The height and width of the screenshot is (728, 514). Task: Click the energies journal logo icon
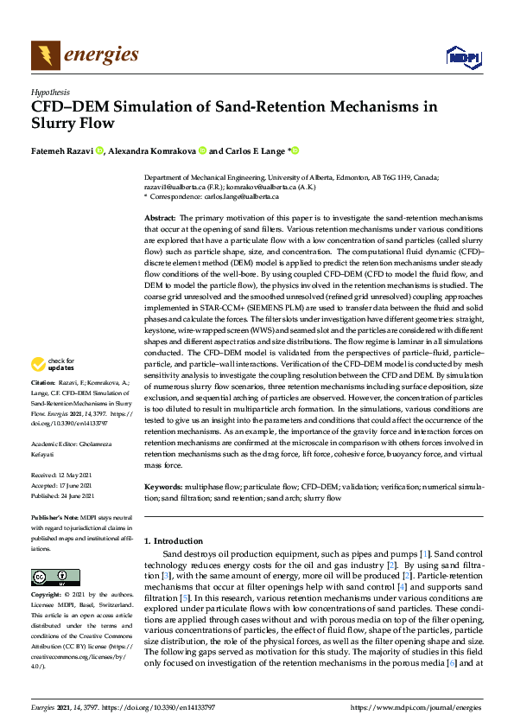click(45, 56)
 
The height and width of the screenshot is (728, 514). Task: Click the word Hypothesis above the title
click(50, 90)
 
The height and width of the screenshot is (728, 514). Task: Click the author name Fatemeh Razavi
click(61, 150)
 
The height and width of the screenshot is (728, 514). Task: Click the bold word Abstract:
click(159, 218)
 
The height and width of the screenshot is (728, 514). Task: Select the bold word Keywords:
click(163, 488)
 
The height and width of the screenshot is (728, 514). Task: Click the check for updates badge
click(54, 389)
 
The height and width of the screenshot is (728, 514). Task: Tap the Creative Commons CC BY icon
click(55, 577)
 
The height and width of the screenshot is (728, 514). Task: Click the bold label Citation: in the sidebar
click(43, 406)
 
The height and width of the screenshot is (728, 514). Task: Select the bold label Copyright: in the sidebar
click(48, 596)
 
